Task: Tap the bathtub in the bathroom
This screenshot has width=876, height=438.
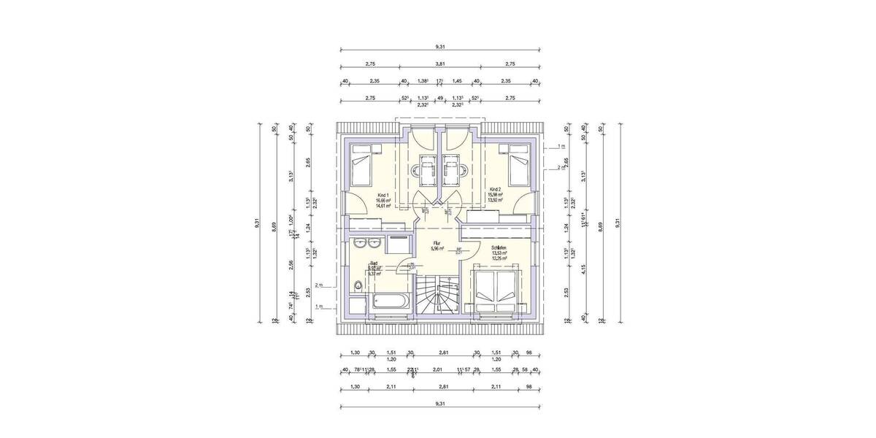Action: tap(392, 301)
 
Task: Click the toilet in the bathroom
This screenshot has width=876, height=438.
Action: tap(357, 286)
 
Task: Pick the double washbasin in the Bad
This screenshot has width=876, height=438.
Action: tap(364, 242)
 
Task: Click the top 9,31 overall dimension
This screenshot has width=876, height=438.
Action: tap(439, 46)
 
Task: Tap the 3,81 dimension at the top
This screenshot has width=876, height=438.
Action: tap(439, 64)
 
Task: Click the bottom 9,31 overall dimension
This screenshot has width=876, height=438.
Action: tap(439, 403)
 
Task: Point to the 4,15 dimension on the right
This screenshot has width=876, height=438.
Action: tap(584, 269)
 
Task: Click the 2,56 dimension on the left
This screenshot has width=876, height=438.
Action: tap(291, 264)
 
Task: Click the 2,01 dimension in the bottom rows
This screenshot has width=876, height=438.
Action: tap(438, 369)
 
